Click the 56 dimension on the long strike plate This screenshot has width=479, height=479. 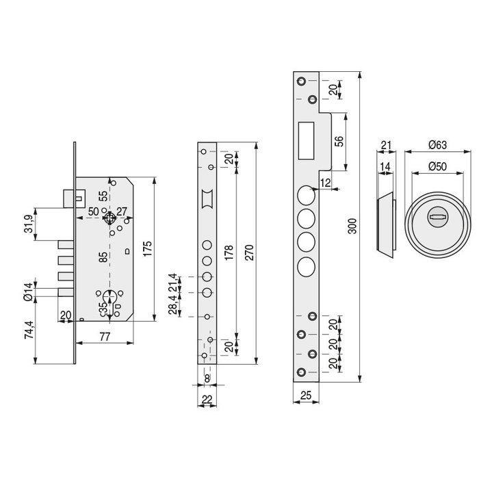coord(340,142)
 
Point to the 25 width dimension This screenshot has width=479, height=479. coord(305,395)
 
